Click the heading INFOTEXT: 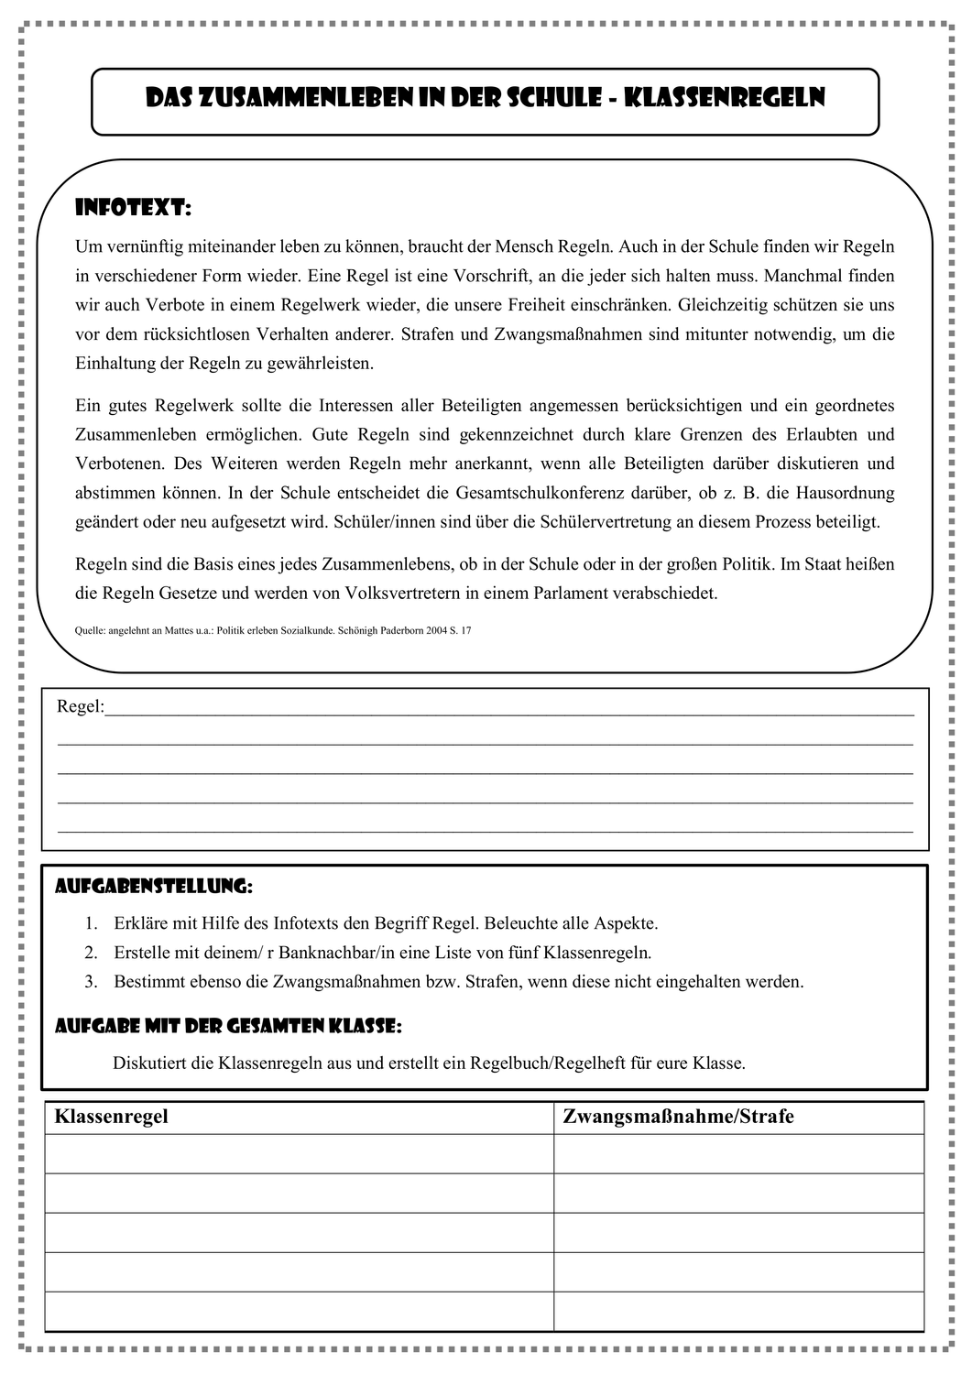[x=133, y=209]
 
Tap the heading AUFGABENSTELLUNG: [x=153, y=887]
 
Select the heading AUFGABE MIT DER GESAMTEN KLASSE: [x=228, y=1027]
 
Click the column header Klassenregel [x=112, y=1117]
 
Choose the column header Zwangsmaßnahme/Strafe [x=678, y=1117]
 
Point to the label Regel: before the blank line [x=81, y=707]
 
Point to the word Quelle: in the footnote [x=90, y=631]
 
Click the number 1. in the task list [x=91, y=923]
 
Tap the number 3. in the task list [x=91, y=982]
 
